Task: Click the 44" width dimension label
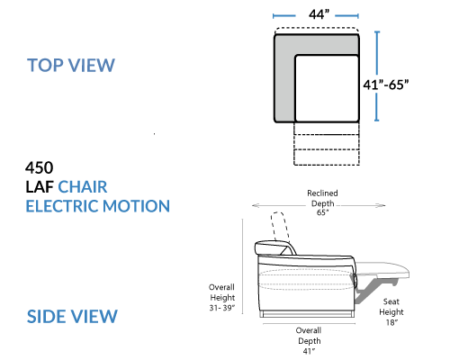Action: click(319, 14)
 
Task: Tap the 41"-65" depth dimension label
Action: click(386, 85)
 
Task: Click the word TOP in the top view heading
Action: click(45, 65)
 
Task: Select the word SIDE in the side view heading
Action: click(46, 316)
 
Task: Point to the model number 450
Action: click(40, 167)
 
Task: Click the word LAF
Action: click(40, 187)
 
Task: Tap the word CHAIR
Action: click(83, 187)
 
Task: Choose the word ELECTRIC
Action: click(63, 206)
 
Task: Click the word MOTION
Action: click(137, 206)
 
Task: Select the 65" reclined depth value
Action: click(322, 212)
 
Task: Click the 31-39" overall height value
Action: click(222, 308)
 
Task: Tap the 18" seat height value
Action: click(391, 322)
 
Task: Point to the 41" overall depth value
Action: click(309, 351)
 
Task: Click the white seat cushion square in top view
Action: click(327, 88)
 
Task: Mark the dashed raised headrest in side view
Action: click(281, 227)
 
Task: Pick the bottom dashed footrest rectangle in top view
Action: click(327, 157)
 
